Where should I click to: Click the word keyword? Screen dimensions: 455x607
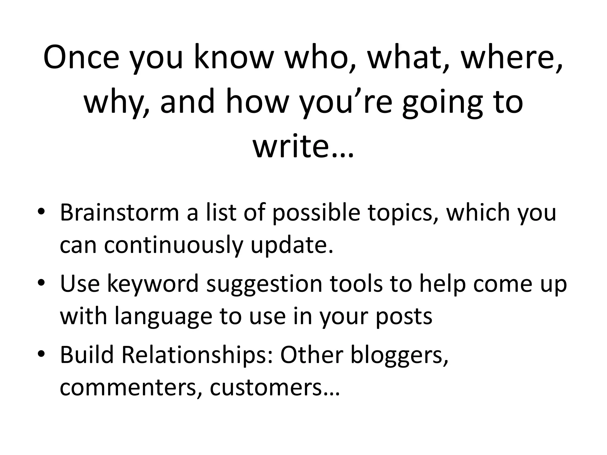point(153,283)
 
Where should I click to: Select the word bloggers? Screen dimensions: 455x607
point(399,355)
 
